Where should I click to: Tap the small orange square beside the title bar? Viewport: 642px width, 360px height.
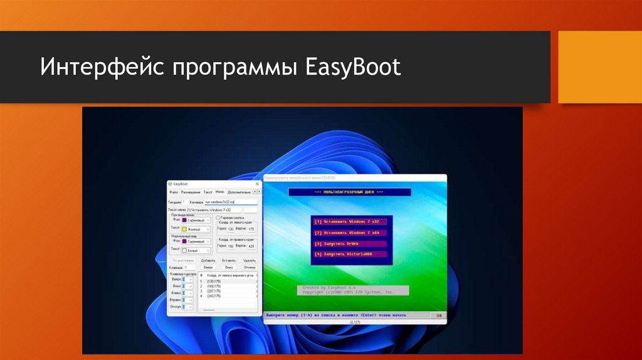(599, 67)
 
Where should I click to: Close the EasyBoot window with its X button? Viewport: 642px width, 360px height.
(258, 184)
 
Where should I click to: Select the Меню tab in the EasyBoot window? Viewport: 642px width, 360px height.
(219, 191)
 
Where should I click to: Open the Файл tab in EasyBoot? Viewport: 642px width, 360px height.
(174, 192)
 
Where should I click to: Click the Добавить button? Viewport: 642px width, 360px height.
(208, 260)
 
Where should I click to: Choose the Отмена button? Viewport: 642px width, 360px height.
(250, 267)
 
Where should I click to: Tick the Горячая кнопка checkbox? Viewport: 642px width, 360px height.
(218, 218)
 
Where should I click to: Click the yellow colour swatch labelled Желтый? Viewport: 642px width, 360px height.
(184, 230)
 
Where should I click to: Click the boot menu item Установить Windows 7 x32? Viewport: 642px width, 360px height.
(350, 221)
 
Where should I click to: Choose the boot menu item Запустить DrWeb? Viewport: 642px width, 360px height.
(350, 243)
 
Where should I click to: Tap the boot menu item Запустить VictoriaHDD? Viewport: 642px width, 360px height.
(350, 254)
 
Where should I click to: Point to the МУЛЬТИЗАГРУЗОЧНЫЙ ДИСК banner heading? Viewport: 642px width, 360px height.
(349, 192)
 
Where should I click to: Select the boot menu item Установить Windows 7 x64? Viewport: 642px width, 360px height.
(350, 233)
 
